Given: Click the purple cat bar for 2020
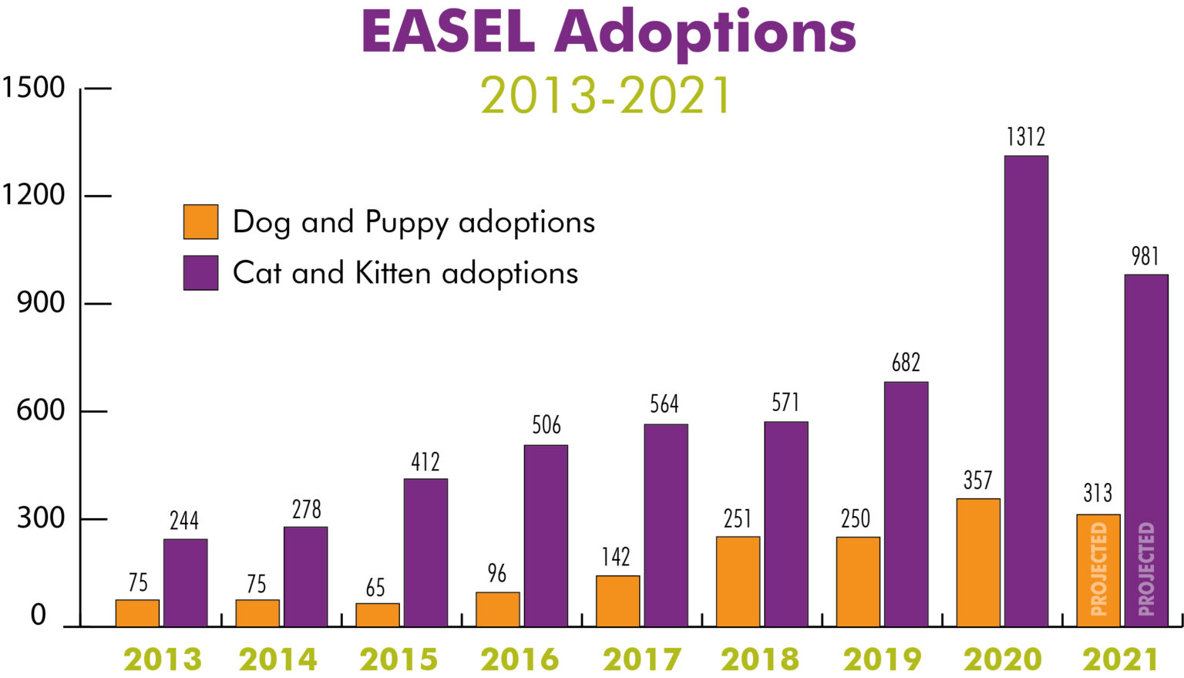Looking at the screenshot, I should tap(1026, 391).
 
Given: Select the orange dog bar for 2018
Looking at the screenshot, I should tap(738, 582).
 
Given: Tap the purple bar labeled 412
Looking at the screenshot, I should tap(425, 552).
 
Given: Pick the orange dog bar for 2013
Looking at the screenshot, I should tap(138, 613).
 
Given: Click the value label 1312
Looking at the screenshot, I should tap(1026, 137).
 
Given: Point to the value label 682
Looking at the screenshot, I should tap(906, 363).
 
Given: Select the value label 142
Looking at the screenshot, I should tap(616, 557).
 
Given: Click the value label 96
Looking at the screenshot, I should tap(497, 574).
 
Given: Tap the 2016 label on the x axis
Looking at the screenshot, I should tap(520, 659).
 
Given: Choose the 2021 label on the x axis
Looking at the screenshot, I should tap(1120, 659).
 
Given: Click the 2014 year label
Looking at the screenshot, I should tap(278, 659).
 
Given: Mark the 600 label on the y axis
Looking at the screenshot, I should tap(41, 410).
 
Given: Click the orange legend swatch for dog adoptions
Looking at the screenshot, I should tap(200, 222).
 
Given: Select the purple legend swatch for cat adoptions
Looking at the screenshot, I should tap(200, 273).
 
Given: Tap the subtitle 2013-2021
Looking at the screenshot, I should tap(606, 96).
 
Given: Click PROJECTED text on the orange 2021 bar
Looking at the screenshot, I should tap(1099, 569).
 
